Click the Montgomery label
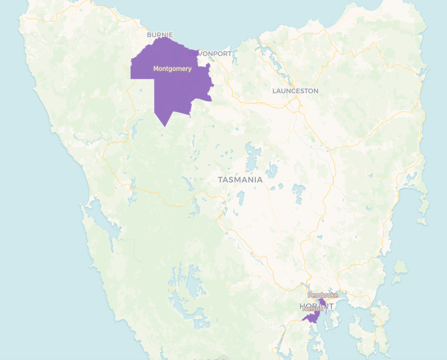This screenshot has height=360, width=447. [172, 69]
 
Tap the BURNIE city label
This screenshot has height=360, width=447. [160, 34]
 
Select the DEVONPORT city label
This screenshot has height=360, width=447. [210, 53]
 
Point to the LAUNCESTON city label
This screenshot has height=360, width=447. [295, 91]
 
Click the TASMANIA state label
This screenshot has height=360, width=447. [240, 180]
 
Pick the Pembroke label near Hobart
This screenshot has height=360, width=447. [323, 295]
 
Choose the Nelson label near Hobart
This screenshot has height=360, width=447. [312, 309]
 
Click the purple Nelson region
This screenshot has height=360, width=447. [312, 316]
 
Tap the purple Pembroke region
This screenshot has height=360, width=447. [323, 301]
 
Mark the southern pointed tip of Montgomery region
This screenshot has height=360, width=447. [165, 126]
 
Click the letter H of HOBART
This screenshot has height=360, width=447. [303, 306]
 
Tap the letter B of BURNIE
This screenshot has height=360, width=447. [149, 34]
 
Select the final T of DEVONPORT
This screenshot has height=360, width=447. [229, 53]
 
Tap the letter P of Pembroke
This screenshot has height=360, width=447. [310, 295]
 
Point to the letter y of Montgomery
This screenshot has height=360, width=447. [190, 70]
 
